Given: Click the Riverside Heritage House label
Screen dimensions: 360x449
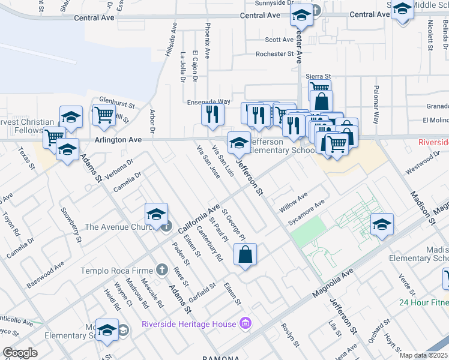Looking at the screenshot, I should pyautogui.click(x=189, y=325).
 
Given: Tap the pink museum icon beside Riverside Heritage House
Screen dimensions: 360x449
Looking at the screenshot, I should pyautogui.click(x=245, y=325).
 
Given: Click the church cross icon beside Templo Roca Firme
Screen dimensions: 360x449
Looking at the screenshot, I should pyautogui.click(x=161, y=271).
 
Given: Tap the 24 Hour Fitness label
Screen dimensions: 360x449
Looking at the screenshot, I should pyautogui.click(x=424, y=302).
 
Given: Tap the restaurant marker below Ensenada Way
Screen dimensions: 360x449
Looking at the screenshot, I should pyautogui.click(x=212, y=114).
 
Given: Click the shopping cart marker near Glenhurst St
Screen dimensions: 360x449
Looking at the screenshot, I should pyautogui.click(x=104, y=115).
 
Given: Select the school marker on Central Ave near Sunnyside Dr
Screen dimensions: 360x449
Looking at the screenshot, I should pyautogui.click(x=301, y=16).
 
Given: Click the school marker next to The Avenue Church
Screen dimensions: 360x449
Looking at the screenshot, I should pyautogui.click(x=156, y=214).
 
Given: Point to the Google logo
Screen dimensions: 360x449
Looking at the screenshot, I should pyautogui.click(x=20, y=353).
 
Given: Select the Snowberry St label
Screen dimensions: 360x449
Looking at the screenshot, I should pyautogui.click(x=71, y=225).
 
